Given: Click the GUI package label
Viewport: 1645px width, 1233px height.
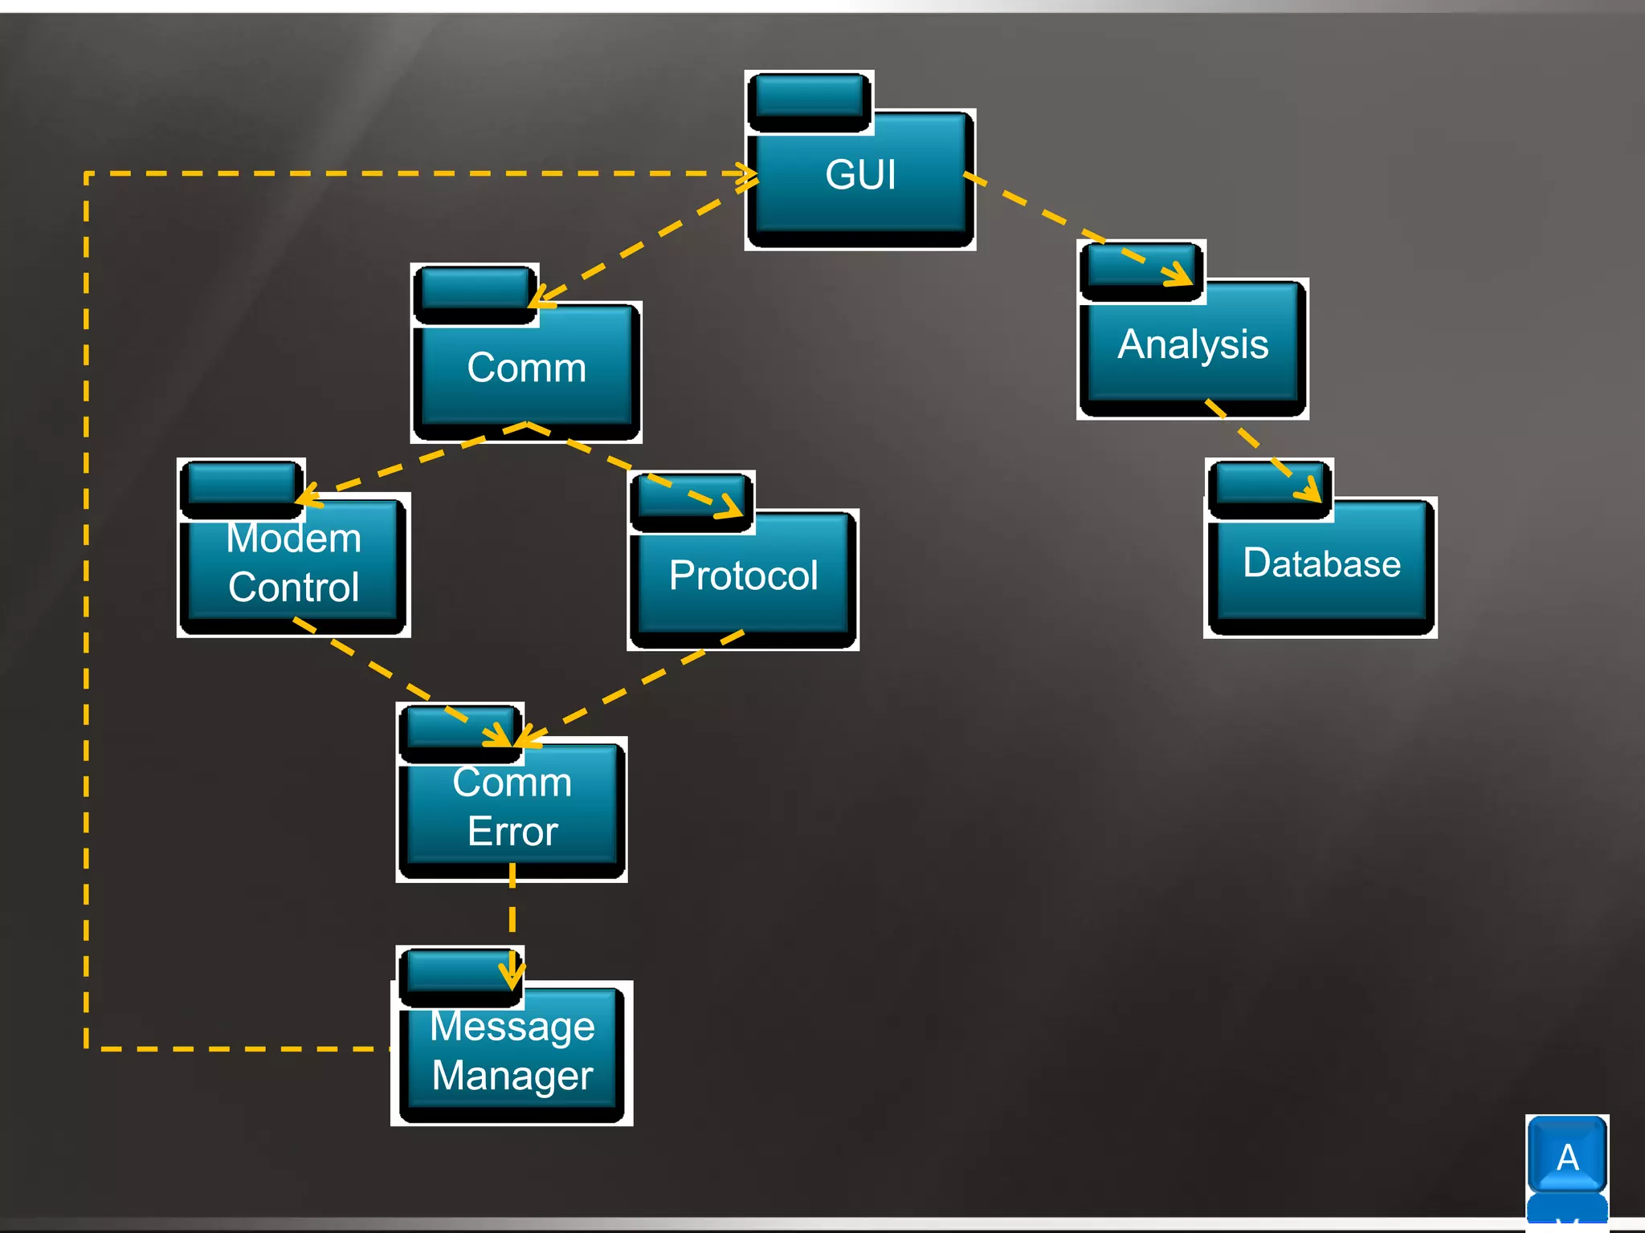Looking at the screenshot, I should click(x=859, y=175).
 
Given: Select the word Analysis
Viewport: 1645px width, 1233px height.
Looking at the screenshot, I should click(x=1193, y=345).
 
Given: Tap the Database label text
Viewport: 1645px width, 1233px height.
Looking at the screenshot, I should click(x=1321, y=563).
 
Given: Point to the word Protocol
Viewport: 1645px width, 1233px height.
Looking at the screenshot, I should click(x=743, y=576).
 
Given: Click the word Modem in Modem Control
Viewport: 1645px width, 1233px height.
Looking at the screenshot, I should click(x=293, y=538).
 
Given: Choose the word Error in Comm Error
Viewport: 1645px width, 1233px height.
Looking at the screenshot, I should click(x=512, y=832).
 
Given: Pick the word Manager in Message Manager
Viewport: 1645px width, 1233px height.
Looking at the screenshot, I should click(x=512, y=1076).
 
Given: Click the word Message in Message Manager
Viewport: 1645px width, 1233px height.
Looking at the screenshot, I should click(x=512, y=1027).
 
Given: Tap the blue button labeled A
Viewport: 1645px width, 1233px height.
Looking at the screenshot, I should click(x=1567, y=1157).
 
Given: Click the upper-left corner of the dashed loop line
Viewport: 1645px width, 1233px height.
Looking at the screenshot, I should click(x=87, y=173).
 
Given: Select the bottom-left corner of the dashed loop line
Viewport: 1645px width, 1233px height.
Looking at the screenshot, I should click(x=87, y=1048).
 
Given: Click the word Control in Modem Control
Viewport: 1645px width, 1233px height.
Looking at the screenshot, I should click(x=293, y=588).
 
